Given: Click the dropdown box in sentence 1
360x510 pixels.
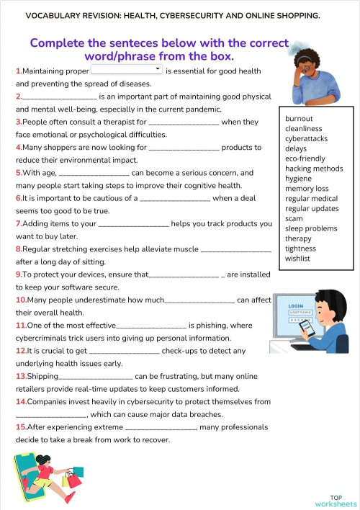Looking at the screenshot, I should point(127,70).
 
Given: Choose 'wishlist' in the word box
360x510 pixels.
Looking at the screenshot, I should point(297,258).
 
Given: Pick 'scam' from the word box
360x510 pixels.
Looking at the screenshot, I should point(294,218).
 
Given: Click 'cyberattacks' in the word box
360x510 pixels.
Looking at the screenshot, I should point(306,138).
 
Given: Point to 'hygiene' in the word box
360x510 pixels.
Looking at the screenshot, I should point(298,178).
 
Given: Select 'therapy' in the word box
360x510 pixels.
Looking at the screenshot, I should point(298,238).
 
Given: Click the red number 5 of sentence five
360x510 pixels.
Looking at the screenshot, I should point(18,173).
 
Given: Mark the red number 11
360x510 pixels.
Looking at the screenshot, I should point(20,326).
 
